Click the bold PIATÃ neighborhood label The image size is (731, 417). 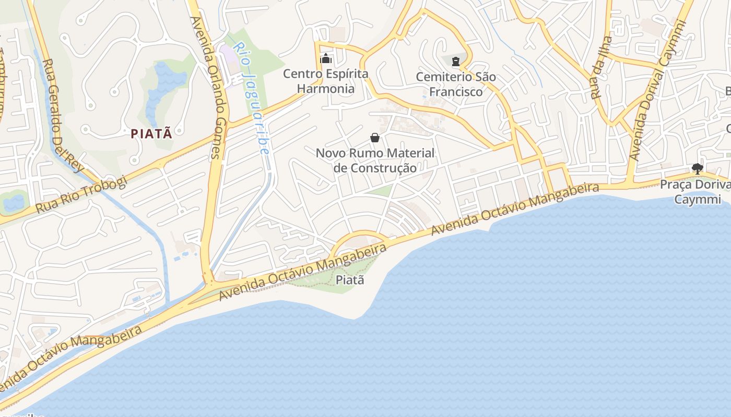point(151,133)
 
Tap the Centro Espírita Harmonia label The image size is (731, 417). point(326,81)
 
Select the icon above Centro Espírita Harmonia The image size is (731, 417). point(326,58)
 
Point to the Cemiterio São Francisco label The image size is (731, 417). point(456,84)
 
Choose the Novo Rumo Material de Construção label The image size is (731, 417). point(375,161)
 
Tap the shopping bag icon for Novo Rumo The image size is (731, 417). point(375,138)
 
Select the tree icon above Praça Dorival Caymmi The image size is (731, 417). point(697,168)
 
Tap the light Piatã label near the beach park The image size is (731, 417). point(349,280)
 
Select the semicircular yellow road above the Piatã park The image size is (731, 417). point(360,233)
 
